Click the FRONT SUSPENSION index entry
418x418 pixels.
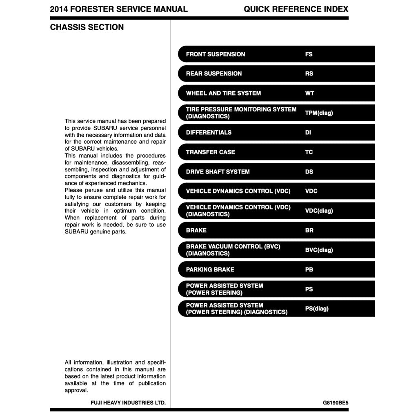click(216, 54)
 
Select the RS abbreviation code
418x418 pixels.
click(309, 74)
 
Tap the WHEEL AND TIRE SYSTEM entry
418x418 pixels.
click(223, 93)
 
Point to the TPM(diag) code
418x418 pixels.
click(319, 113)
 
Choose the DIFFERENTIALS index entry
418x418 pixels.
click(209, 133)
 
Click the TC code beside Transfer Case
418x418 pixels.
click(309, 152)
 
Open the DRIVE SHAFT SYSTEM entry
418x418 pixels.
click(218, 172)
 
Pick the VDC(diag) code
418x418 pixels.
click(319, 211)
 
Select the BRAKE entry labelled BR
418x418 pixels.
click(196, 231)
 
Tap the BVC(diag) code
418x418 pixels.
click(319, 250)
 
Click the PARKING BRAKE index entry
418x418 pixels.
click(210, 270)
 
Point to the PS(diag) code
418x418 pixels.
click(317, 309)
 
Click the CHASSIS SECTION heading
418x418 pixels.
click(87, 27)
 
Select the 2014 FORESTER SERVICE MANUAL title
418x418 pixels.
click(119, 9)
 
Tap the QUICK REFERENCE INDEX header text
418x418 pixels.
click(296, 9)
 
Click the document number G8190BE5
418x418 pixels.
click(336, 403)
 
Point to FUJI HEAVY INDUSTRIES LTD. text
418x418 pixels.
click(128, 403)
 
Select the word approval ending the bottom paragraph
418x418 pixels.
click(76, 390)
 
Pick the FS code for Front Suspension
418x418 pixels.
click(309, 54)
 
